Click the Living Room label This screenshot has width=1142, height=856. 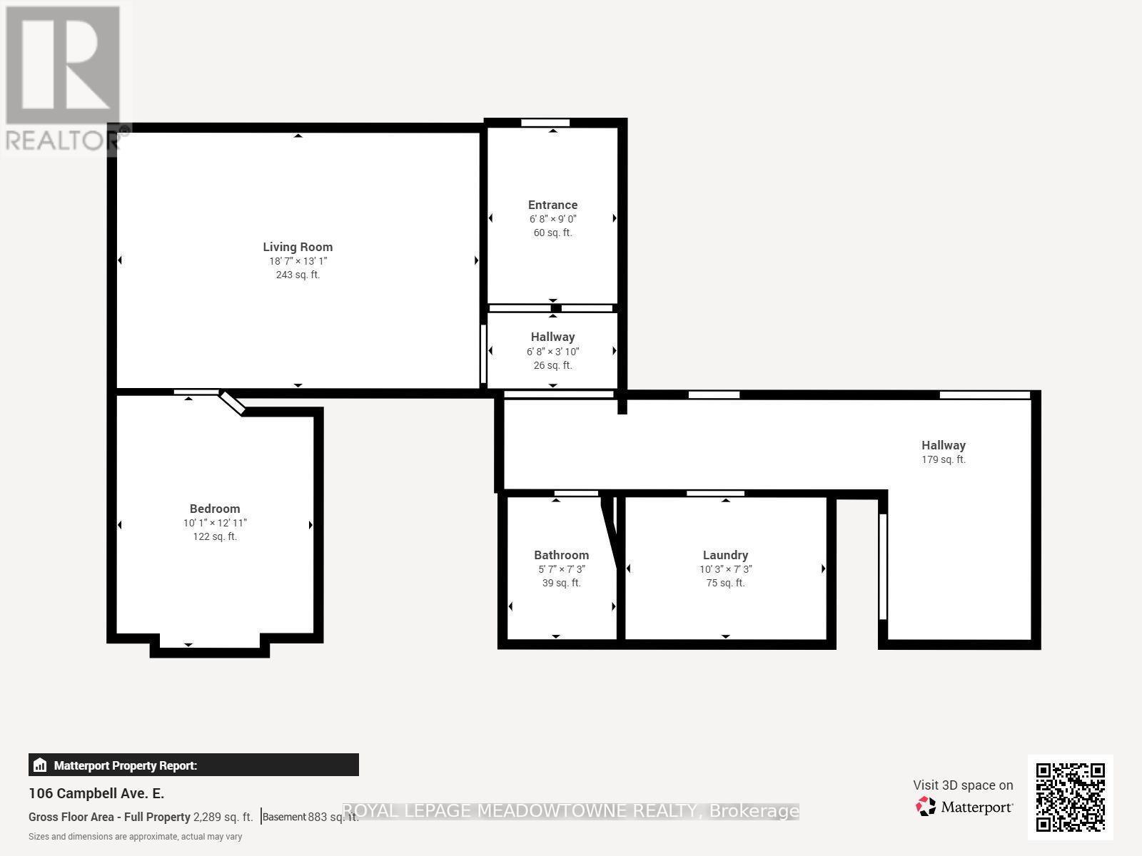(x=298, y=247)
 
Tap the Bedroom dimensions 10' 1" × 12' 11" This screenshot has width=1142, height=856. (x=215, y=523)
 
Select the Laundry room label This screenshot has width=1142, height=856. (x=725, y=555)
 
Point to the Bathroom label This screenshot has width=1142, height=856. (x=561, y=555)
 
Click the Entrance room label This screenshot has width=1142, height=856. (x=552, y=205)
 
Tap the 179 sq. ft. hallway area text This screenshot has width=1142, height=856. (x=943, y=459)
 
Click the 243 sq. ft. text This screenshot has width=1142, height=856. (x=298, y=275)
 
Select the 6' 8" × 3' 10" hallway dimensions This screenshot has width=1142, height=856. (x=552, y=352)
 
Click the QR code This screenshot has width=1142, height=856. (x=1070, y=797)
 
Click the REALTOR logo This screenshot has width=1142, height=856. (x=63, y=78)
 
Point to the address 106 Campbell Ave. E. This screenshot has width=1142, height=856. (x=96, y=793)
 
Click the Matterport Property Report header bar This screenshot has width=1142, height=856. (x=193, y=765)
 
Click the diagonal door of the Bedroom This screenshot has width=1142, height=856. (x=232, y=402)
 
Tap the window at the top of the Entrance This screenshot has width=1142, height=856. (x=545, y=123)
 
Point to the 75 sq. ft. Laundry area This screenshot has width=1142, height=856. (x=725, y=583)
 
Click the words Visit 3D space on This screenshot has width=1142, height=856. (x=962, y=785)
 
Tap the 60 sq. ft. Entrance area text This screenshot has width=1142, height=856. (x=552, y=233)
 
